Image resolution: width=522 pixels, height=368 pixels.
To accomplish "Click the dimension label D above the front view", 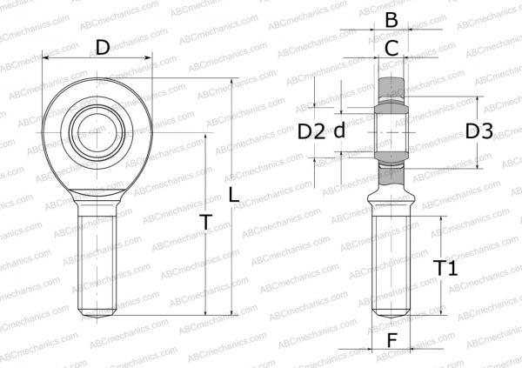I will (x=103, y=47).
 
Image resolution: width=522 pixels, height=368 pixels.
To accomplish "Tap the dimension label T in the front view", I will (x=205, y=224).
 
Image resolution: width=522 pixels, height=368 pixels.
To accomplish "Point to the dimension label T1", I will (x=445, y=269).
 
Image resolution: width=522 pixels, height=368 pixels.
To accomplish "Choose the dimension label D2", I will (x=311, y=131).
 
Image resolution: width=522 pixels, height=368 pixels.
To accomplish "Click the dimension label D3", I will (x=478, y=131).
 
